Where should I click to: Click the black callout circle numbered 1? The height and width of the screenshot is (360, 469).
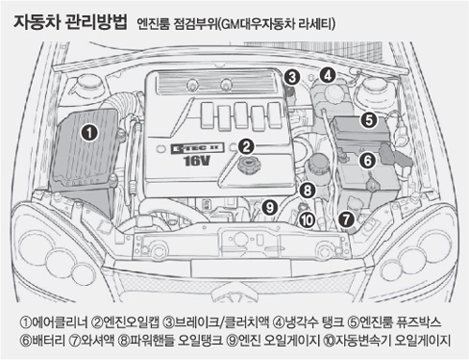(x=89, y=132)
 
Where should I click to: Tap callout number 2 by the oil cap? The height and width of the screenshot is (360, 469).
(x=247, y=146)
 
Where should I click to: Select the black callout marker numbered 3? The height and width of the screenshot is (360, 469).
(x=292, y=77)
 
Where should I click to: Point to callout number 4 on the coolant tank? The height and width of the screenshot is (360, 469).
(x=327, y=75)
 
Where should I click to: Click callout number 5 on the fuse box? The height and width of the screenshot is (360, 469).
(x=369, y=120)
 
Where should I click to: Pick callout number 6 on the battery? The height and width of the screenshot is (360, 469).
(x=368, y=160)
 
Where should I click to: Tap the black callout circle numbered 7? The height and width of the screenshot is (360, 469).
(x=346, y=219)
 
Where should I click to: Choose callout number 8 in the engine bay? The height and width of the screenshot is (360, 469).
(x=308, y=189)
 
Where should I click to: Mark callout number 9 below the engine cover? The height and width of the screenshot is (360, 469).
(x=270, y=207)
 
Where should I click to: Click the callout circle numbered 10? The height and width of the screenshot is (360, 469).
(x=307, y=220)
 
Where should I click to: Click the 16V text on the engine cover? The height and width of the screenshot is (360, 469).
(x=196, y=161)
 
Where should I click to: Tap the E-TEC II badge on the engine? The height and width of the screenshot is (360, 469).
(x=198, y=147)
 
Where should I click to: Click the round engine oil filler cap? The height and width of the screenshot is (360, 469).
(x=249, y=164)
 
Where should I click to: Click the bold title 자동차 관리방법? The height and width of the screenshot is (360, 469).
(x=70, y=22)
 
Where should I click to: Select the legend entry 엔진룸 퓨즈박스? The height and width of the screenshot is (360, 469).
(x=401, y=322)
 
